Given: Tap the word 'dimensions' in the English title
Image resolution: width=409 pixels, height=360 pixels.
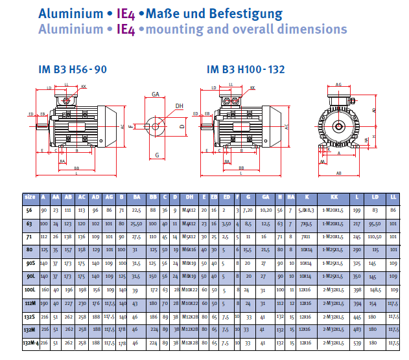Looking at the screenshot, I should click(x=307, y=29).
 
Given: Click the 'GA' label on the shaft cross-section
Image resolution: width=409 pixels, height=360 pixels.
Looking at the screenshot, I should click(x=156, y=94).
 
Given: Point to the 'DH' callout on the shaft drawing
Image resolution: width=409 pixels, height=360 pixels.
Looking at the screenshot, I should click(x=179, y=106).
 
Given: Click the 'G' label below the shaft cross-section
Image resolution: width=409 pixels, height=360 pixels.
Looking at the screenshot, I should click(x=157, y=155).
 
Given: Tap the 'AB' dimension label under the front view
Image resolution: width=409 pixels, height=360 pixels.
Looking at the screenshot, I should click(x=338, y=174).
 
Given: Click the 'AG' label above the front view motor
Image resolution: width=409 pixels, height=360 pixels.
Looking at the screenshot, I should click(x=339, y=84).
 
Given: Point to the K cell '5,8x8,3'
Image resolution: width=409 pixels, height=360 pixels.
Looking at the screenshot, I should click(x=305, y=210).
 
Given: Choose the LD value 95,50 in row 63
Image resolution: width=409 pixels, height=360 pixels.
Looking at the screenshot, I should click(x=375, y=223).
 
